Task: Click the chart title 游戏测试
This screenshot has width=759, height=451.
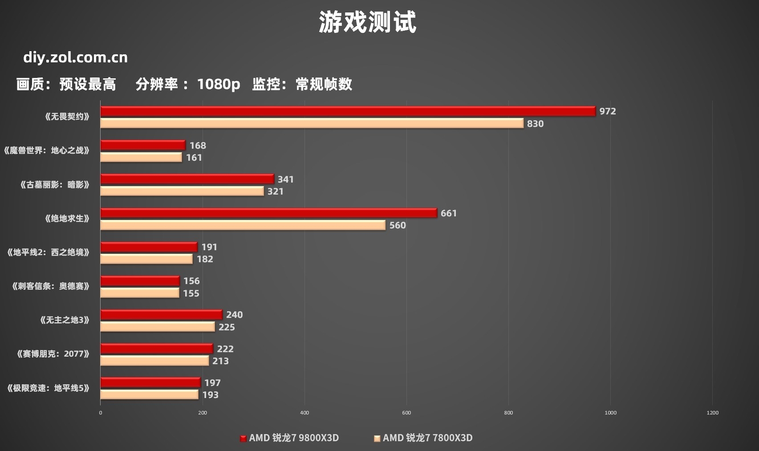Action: (x=367, y=22)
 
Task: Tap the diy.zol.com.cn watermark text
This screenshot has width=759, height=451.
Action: (x=75, y=57)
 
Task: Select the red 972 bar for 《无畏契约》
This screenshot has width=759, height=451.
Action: (x=347, y=111)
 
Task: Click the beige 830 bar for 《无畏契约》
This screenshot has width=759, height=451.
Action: (x=312, y=123)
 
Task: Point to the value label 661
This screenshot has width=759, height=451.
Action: (x=449, y=213)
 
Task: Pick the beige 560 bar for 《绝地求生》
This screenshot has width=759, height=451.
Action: (x=243, y=225)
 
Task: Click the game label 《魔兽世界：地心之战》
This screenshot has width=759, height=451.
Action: (x=47, y=150)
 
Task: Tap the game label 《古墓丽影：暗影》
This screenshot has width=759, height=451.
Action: (x=55, y=185)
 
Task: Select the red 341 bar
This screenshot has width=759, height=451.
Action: (x=187, y=179)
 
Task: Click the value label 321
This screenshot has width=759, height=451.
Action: (x=276, y=191)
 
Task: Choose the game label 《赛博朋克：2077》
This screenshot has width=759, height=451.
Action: (x=53, y=354)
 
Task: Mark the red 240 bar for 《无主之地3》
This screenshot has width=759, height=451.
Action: (x=161, y=315)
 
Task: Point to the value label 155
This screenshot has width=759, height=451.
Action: (x=191, y=293)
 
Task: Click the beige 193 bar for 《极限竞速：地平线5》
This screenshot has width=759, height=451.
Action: (x=149, y=395)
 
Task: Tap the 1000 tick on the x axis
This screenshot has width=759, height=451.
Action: (x=610, y=413)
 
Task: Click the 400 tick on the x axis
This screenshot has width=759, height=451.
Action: (x=304, y=413)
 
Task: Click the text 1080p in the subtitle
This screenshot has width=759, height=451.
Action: (x=218, y=84)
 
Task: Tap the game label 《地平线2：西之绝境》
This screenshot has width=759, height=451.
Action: (x=49, y=252)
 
